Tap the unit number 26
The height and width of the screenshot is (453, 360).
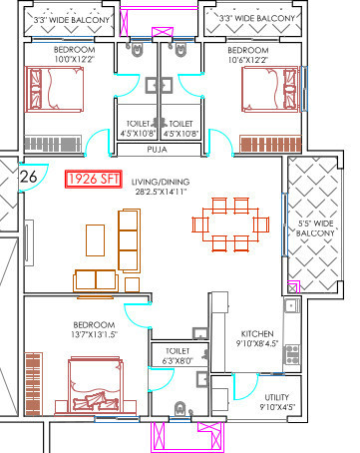coord(29,177)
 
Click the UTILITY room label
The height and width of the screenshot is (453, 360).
coord(248,396)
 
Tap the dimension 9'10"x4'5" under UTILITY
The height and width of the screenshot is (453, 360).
coord(248,407)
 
